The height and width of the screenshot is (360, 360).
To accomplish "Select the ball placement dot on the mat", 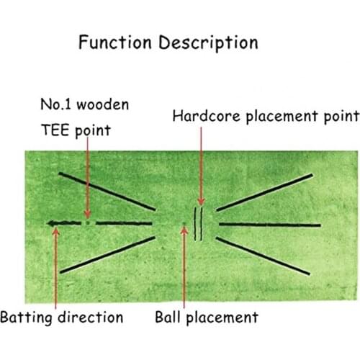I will [185, 224].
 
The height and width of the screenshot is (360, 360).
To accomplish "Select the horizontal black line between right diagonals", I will [266, 224].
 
